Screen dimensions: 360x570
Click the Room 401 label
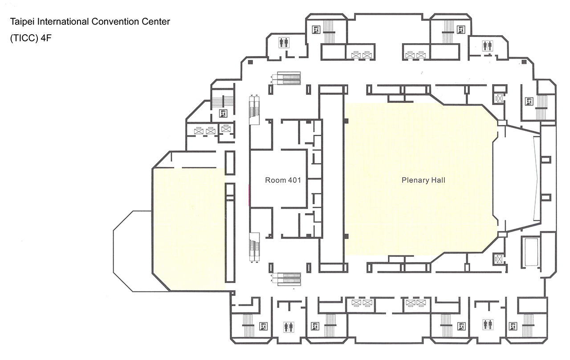click(x=283, y=180)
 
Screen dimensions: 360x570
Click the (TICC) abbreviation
click(x=24, y=38)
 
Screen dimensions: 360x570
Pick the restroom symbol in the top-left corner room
click(x=284, y=43)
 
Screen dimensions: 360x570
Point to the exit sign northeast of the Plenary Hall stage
click(x=529, y=101)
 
